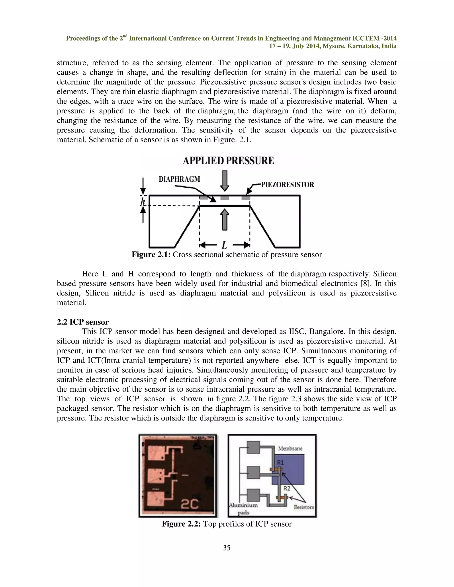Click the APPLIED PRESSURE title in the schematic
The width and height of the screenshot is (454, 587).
pyautogui.click(x=228, y=161)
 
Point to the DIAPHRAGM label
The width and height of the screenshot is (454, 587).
pyautogui.click(x=179, y=179)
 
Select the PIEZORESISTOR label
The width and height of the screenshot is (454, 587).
pyautogui.click(x=288, y=185)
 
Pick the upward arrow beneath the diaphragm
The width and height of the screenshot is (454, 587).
pyautogui.click(x=225, y=220)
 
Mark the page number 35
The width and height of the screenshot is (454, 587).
pyautogui.click(x=227, y=548)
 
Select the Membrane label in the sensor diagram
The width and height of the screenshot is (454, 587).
pyautogui.click(x=290, y=448)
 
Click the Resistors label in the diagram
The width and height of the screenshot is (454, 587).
pyautogui.click(x=304, y=507)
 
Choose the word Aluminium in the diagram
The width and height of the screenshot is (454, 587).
pyautogui.click(x=243, y=505)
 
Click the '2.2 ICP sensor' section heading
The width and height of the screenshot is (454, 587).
pyautogui.click(x=82, y=322)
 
